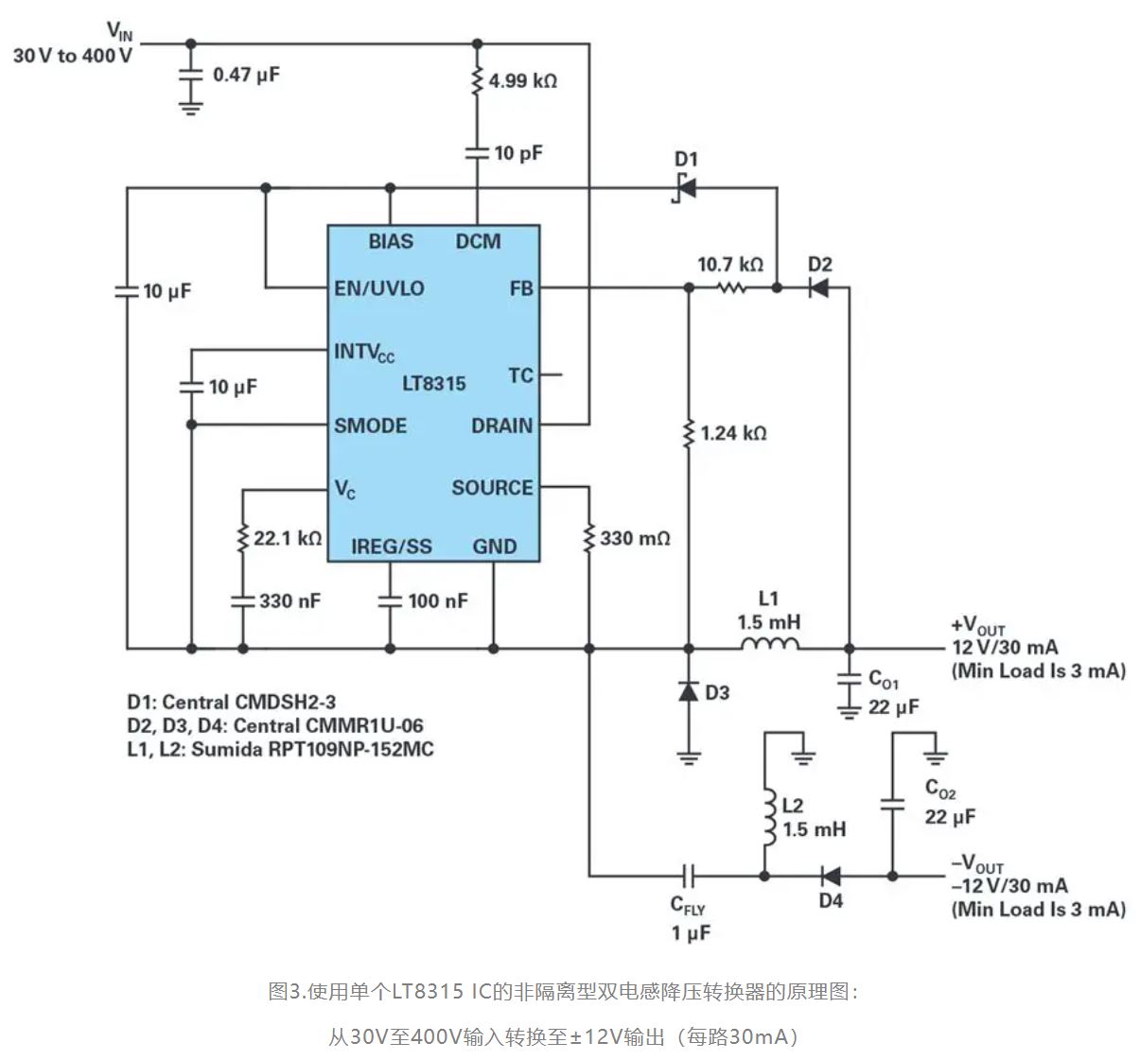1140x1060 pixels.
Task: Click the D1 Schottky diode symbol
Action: click(686, 187)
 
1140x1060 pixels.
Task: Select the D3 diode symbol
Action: click(689, 692)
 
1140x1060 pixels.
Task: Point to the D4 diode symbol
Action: click(831, 876)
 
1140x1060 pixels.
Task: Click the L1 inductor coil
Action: click(769, 646)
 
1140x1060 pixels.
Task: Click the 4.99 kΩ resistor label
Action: click(522, 81)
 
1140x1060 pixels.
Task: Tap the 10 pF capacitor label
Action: click(518, 152)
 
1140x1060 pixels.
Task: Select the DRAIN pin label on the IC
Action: click(501, 426)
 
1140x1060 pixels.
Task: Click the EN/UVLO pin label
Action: click(379, 288)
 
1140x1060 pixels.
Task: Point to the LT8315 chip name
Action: click(434, 383)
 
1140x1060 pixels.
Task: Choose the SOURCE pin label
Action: click(492, 488)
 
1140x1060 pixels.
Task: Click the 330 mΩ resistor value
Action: click(635, 538)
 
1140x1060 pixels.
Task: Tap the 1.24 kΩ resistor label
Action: click(733, 433)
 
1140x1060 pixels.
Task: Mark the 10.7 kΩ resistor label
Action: click(730, 265)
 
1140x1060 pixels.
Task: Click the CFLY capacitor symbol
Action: click(690, 876)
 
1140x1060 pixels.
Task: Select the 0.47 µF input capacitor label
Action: click(246, 74)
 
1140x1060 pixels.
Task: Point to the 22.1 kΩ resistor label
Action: click(288, 538)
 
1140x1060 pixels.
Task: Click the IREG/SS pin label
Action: click(391, 547)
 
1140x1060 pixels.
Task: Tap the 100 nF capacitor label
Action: click(437, 600)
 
